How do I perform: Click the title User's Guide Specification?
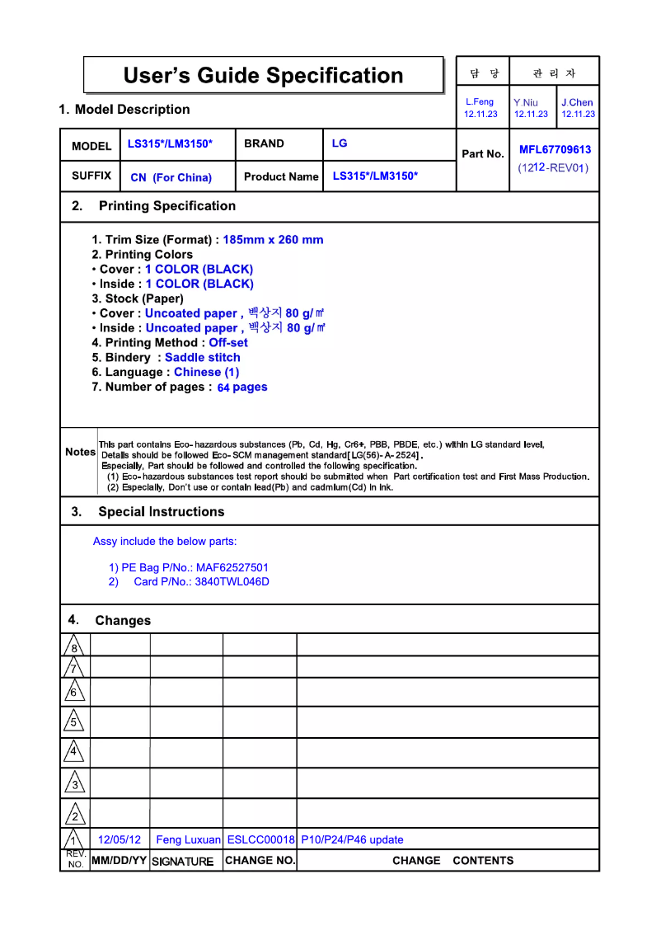pyautogui.click(x=263, y=76)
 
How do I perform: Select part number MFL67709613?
pyautogui.click(x=555, y=150)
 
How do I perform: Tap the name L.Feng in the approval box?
pyautogui.click(x=480, y=102)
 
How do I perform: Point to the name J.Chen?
pyautogui.click(x=577, y=103)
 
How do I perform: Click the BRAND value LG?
pyautogui.click(x=340, y=143)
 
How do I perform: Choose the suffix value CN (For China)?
pyautogui.click(x=171, y=177)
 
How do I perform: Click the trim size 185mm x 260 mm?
pyautogui.click(x=273, y=240)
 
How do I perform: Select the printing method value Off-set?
pyautogui.click(x=228, y=343)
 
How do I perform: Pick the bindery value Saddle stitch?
pyautogui.click(x=203, y=358)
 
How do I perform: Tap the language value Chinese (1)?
pyautogui.click(x=206, y=372)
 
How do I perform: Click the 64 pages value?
pyautogui.click(x=242, y=388)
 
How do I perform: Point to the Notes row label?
pyautogui.click(x=80, y=452)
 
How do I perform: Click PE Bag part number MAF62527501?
pyautogui.click(x=232, y=567)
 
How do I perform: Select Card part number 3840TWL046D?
pyautogui.click(x=232, y=582)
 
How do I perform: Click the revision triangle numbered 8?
pyautogui.click(x=74, y=646)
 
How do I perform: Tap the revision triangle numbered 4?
pyautogui.click(x=74, y=751)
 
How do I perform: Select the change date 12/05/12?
pyautogui.click(x=120, y=840)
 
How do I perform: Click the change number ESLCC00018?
pyautogui.click(x=260, y=840)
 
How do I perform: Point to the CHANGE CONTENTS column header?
pyautogui.click(x=452, y=861)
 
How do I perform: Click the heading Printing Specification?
pyautogui.click(x=166, y=206)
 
